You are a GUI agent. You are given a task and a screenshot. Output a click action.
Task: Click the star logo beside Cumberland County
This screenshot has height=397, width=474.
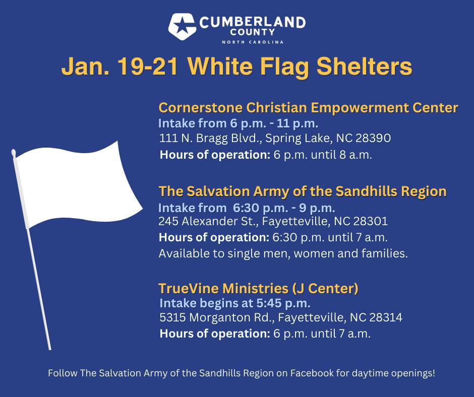click(182, 26)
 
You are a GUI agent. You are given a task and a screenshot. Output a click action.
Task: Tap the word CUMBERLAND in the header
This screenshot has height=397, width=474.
click(253, 22)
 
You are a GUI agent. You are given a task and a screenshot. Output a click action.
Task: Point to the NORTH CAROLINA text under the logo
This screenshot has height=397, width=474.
click(253, 42)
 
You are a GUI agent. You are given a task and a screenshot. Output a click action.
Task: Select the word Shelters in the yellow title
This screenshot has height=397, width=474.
click(364, 66)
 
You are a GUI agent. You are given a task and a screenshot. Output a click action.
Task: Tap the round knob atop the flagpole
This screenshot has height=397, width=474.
click(13, 153)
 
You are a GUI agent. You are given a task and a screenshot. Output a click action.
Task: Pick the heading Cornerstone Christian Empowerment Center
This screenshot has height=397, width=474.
click(308, 108)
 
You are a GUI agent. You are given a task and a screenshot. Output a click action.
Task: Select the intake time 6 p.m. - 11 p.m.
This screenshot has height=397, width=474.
click(274, 123)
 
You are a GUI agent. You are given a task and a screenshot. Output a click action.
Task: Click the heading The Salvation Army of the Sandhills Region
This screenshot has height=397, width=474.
click(303, 191)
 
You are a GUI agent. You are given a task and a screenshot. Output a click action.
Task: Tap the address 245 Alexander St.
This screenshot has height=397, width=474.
click(208, 222)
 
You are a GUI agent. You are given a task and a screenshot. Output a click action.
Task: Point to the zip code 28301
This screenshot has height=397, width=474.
click(370, 222)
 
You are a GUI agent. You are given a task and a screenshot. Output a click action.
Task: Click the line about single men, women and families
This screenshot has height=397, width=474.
click(283, 253)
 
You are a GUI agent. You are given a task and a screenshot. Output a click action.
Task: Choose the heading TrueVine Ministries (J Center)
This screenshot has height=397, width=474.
click(259, 288)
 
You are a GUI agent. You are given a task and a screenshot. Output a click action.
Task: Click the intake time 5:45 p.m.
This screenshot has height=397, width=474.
click(283, 303)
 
